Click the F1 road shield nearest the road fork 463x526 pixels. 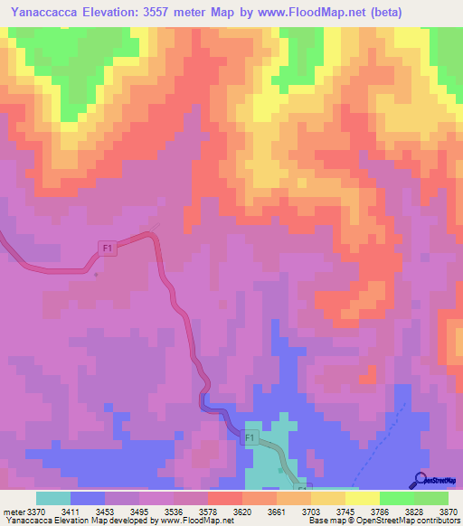[x=108, y=248]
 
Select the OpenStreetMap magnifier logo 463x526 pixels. [x=420, y=480]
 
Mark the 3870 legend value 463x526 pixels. [x=446, y=512]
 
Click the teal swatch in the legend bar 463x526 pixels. [x=53, y=498]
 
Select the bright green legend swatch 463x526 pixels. [x=396, y=498]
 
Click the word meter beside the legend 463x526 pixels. [x=14, y=512]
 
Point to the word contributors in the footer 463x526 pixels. [x=435, y=521]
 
